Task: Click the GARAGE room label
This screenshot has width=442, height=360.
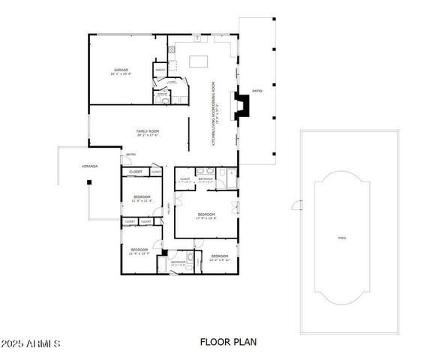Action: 121,70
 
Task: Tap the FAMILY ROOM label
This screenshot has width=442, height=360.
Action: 147,132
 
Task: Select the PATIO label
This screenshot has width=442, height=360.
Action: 257,91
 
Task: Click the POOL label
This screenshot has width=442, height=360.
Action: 343,238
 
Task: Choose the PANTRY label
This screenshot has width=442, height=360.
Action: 160,70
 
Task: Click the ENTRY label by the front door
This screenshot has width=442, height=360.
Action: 131,154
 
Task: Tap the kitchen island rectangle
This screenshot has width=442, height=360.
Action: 199,61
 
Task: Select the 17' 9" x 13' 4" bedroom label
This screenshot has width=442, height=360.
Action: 206,216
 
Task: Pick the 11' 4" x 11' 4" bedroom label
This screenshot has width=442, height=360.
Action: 142,198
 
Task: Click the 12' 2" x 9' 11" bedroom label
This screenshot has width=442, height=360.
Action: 219,258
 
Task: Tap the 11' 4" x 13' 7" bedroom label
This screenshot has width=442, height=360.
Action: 140,250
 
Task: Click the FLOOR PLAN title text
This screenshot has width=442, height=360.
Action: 228,342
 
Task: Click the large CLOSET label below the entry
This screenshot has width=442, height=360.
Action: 136,172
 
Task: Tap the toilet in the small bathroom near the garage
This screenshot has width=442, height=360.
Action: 163,96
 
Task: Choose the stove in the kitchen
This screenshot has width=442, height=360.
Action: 172,50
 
